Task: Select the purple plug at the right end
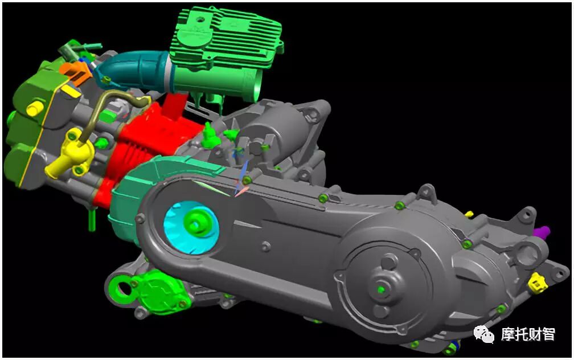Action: pyautogui.click(x=542, y=232)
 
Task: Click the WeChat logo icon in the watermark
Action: pyautogui.click(x=483, y=333)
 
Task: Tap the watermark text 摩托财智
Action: pyautogui.click(x=528, y=334)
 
